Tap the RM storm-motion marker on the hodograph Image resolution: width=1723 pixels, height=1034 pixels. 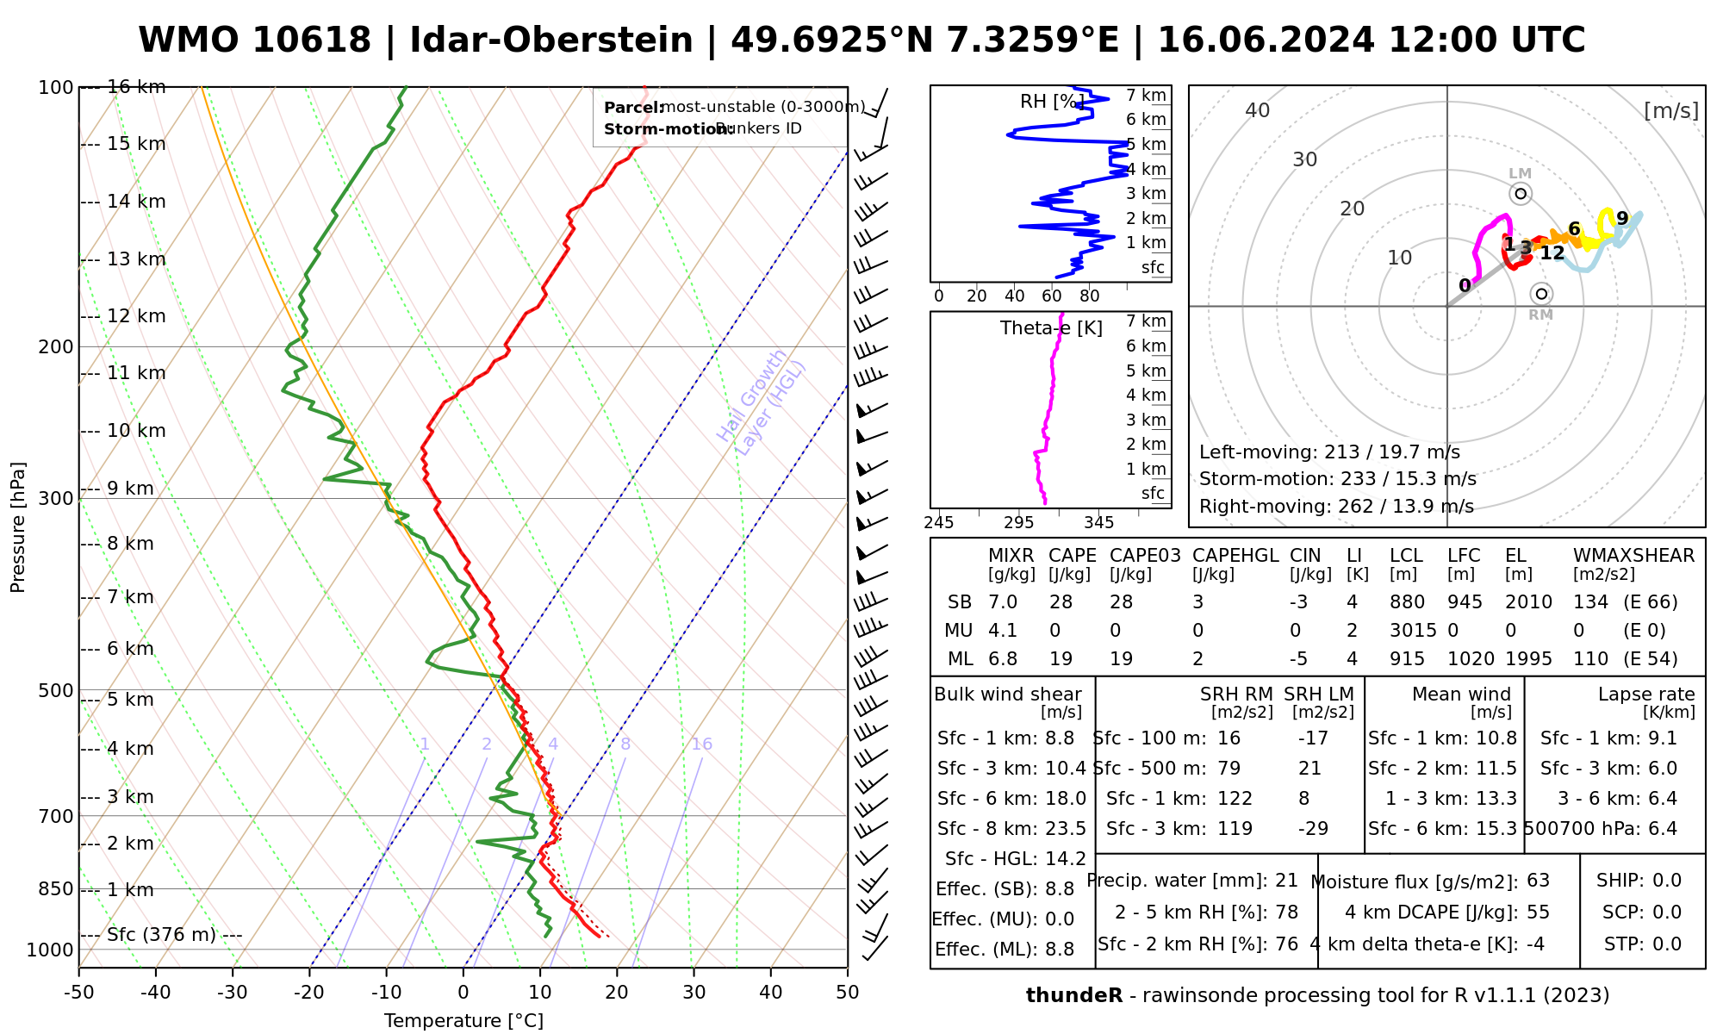pos(1541,294)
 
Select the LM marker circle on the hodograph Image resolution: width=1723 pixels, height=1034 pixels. pos(1521,194)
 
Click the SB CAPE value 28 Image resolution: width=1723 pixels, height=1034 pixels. pos(1061,602)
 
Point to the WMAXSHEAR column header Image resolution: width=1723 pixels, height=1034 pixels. pos(1633,556)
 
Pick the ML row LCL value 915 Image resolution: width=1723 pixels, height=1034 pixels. pos(1407,659)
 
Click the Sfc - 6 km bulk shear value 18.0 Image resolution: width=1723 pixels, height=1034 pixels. pos(1065,799)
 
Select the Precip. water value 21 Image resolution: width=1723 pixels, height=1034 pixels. pos(1286,881)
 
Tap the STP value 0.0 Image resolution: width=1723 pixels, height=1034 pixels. pos(1667,944)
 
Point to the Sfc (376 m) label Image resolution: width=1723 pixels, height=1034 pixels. pos(162,935)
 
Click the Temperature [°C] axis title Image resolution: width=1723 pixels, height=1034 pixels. pos(463,1021)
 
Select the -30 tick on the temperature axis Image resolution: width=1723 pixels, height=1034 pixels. pos(233,993)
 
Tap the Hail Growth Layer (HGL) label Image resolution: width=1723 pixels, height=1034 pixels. pos(762,402)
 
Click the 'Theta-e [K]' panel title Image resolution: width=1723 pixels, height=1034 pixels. pos(1051,328)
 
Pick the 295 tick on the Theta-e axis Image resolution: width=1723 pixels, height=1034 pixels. pos(1018,522)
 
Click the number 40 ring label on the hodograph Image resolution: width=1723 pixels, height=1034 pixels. pos(1258,110)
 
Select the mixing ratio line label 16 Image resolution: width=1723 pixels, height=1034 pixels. pos(701,744)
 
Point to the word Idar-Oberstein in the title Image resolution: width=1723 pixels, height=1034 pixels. pos(551,40)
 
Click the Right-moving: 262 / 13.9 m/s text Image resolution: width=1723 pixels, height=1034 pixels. pos(1336,507)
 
